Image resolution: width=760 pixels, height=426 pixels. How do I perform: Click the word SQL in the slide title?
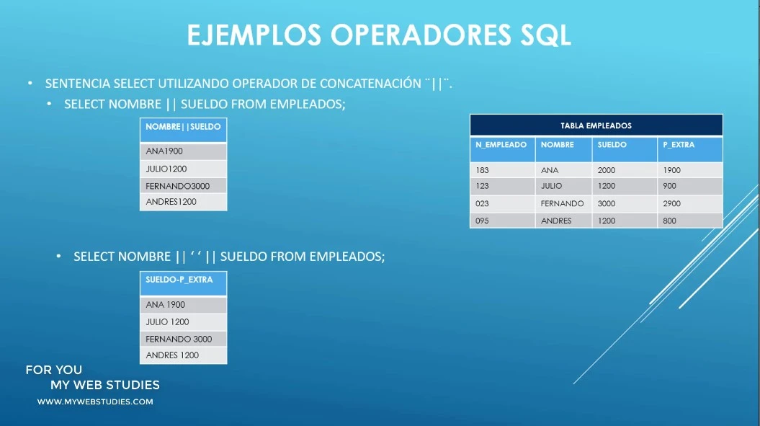[546, 35]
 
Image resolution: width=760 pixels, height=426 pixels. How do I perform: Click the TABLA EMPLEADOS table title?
[596, 125]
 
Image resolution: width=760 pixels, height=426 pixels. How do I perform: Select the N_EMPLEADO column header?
[501, 145]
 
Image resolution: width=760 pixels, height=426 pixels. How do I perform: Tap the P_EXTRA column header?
[679, 145]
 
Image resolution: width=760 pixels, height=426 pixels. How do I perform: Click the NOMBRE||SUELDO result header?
[183, 127]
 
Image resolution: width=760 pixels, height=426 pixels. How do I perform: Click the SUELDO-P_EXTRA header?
[179, 280]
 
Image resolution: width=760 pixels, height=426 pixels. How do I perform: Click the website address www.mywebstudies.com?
[95, 401]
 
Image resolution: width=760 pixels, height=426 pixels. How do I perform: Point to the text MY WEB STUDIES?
[105, 385]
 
